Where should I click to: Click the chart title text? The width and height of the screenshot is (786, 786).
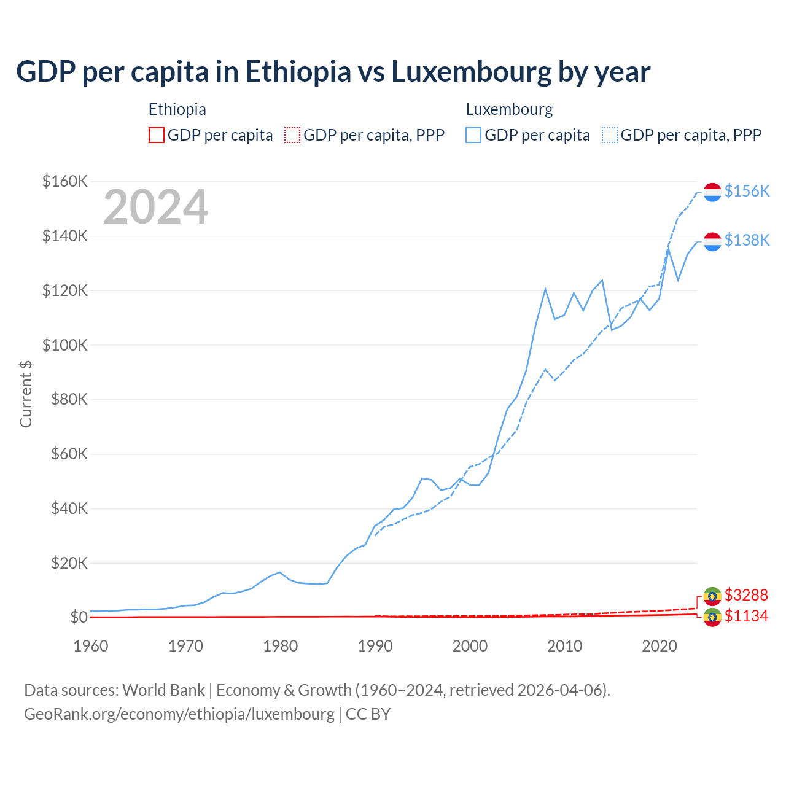[333, 72]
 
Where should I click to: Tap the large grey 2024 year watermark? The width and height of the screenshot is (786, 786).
[156, 207]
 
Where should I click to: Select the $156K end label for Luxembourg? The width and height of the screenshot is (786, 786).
[747, 191]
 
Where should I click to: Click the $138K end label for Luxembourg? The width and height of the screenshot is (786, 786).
[747, 240]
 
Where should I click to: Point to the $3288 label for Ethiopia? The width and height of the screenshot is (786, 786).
[746, 595]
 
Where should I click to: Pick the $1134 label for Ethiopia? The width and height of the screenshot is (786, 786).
[746, 616]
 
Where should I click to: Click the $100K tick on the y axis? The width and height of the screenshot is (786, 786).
[65, 345]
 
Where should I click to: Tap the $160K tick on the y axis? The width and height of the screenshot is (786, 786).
[65, 182]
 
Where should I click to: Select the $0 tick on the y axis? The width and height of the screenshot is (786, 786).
[79, 617]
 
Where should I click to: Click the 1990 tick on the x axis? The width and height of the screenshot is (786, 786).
[375, 646]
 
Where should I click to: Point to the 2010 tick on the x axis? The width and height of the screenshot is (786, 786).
[564, 646]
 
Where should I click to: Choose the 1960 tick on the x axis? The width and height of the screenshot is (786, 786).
[91, 646]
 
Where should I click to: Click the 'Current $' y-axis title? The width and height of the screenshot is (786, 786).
[26, 394]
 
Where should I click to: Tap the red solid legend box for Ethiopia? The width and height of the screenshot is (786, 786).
[157, 135]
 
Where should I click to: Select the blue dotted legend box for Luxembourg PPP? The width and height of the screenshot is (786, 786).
[610, 135]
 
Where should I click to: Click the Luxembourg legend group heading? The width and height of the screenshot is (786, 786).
[509, 109]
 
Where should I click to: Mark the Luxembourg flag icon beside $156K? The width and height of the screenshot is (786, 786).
[712, 192]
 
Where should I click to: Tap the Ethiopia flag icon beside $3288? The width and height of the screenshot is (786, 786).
[712, 596]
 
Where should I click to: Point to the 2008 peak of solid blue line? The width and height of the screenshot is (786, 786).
[545, 289]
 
